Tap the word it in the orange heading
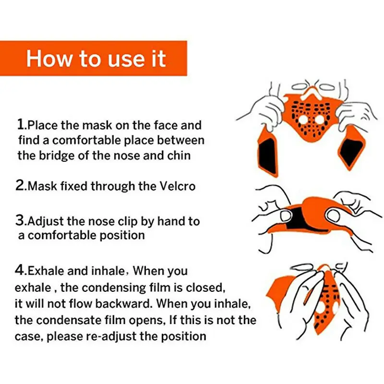click(x=155, y=58)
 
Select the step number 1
click(x=21, y=125)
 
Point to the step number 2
click(x=21, y=186)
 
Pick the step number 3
click(x=21, y=221)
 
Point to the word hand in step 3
click(x=169, y=222)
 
